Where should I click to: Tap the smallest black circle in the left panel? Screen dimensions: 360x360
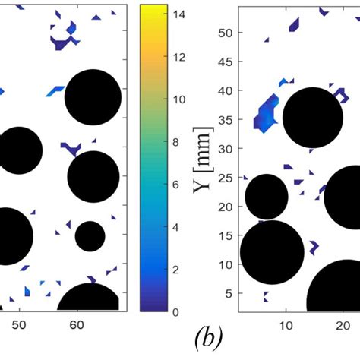[90, 236]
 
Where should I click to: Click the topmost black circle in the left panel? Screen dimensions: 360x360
[93, 97]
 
